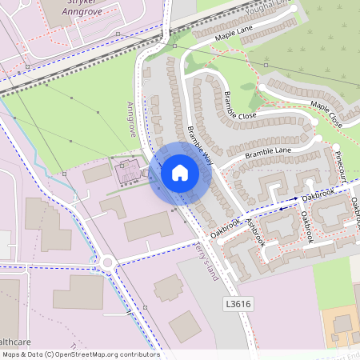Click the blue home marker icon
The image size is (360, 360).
(180, 173)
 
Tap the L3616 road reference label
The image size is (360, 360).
(238, 304)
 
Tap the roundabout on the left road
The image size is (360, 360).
(108, 262)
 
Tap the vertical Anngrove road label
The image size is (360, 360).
(132, 118)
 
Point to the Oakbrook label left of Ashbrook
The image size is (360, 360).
(225, 227)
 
